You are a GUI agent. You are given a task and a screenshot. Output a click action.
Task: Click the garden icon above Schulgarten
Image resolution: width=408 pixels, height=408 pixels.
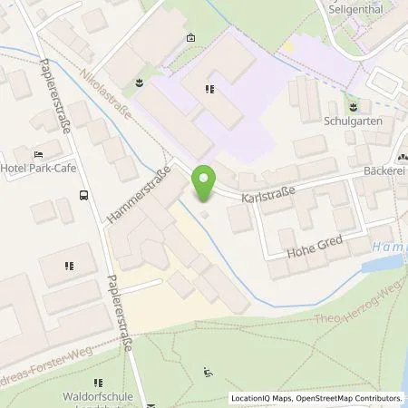[x=353, y=106]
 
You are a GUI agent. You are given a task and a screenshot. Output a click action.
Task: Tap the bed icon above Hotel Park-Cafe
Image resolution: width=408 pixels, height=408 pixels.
[x=37, y=154]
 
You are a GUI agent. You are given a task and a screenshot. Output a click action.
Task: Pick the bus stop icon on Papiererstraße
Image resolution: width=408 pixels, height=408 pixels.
[x=83, y=194]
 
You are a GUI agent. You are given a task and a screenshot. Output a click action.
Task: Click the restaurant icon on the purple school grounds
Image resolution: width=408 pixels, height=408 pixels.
[x=209, y=88]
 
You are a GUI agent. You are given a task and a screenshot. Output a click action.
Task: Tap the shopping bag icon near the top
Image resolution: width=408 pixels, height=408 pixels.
[x=189, y=38]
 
